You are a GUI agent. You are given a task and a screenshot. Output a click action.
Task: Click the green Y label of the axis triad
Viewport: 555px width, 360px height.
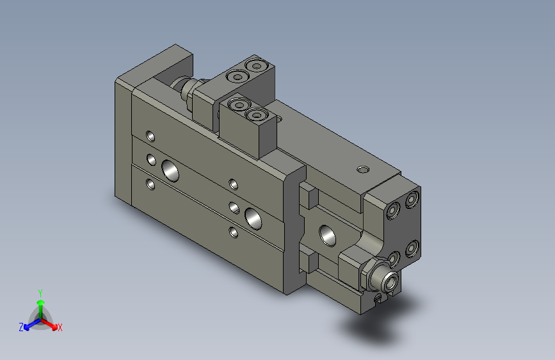(40, 291)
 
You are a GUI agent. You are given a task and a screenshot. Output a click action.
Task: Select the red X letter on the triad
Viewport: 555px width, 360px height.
(60, 328)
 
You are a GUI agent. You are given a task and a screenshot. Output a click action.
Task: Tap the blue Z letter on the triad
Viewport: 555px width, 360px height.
(21, 327)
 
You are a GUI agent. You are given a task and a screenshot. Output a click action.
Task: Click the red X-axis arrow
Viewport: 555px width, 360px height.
(51, 323)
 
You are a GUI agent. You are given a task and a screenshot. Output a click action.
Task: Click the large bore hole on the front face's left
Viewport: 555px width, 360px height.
(171, 170)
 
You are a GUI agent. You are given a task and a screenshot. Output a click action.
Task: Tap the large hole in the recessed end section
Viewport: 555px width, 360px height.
(329, 234)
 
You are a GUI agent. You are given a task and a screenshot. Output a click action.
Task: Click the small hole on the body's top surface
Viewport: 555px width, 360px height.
(362, 170)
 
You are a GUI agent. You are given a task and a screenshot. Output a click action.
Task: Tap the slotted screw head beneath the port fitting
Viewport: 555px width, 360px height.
(380, 297)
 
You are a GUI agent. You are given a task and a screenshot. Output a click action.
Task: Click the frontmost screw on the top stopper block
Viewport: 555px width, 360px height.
(257, 116)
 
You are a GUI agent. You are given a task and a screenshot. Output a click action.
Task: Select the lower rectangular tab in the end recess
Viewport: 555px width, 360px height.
(308, 261)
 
